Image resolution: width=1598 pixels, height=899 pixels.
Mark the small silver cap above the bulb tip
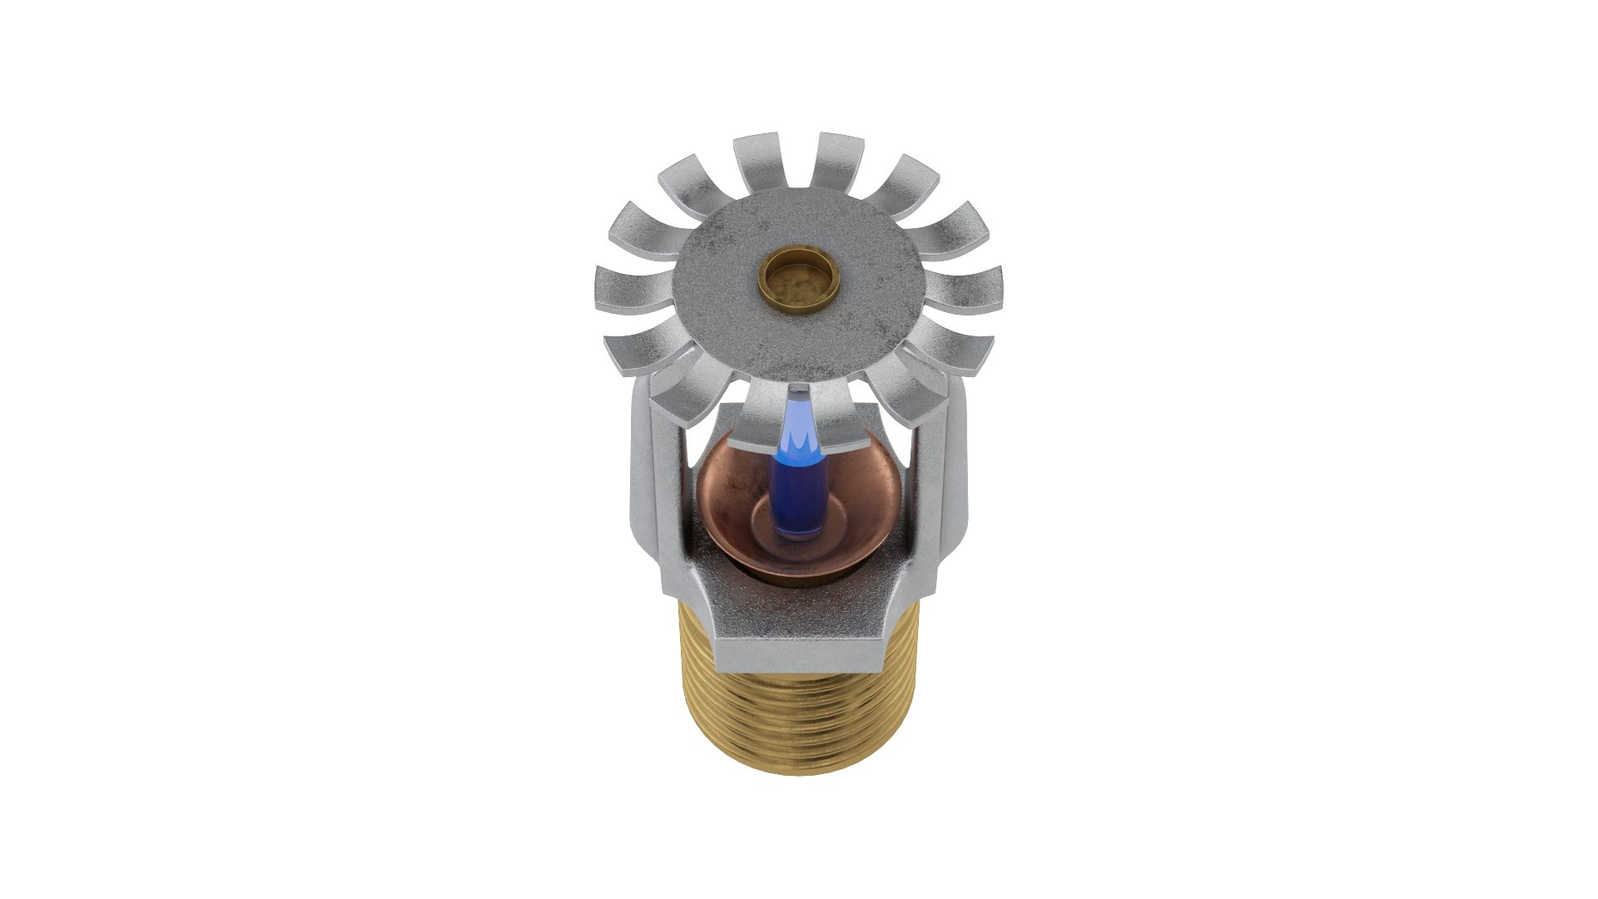pyautogui.click(x=798, y=390)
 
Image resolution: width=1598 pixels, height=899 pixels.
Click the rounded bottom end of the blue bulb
pyautogui.click(x=798, y=531)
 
